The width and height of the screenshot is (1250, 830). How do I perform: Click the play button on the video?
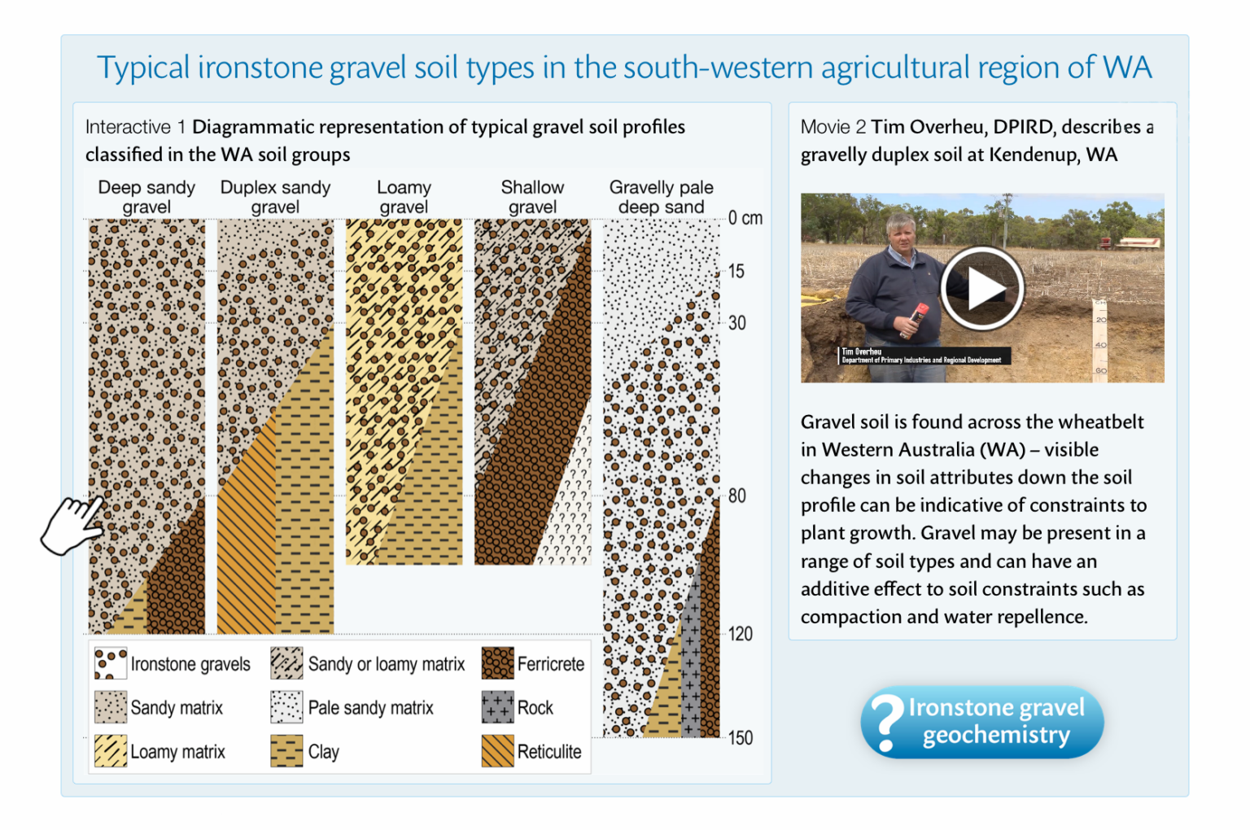click(x=981, y=288)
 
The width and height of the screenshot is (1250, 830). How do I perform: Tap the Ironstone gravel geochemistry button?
click(x=982, y=722)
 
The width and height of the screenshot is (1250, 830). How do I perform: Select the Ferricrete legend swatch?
click(x=497, y=663)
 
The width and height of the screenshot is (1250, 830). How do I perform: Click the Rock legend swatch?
click(x=497, y=707)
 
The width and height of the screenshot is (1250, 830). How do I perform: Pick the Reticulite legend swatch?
click(x=497, y=751)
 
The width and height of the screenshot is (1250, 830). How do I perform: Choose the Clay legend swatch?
click(x=286, y=751)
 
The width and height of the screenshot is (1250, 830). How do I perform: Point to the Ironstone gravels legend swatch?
click(x=110, y=663)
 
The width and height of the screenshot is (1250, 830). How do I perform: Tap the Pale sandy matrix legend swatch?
click(x=286, y=707)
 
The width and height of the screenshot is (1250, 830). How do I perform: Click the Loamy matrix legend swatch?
click(x=110, y=751)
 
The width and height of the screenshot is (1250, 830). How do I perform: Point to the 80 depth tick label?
click(x=736, y=496)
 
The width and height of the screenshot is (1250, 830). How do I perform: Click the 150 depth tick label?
click(x=740, y=738)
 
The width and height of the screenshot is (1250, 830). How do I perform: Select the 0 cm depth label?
click(x=745, y=218)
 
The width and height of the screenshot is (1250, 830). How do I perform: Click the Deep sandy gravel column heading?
click(x=146, y=197)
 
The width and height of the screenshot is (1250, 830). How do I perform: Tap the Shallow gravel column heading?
click(x=532, y=197)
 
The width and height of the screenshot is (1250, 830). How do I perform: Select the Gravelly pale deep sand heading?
click(x=661, y=197)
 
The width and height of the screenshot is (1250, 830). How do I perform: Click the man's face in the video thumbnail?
click(x=900, y=235)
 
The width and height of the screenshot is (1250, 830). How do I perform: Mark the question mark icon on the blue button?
click(x=886, y=722)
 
